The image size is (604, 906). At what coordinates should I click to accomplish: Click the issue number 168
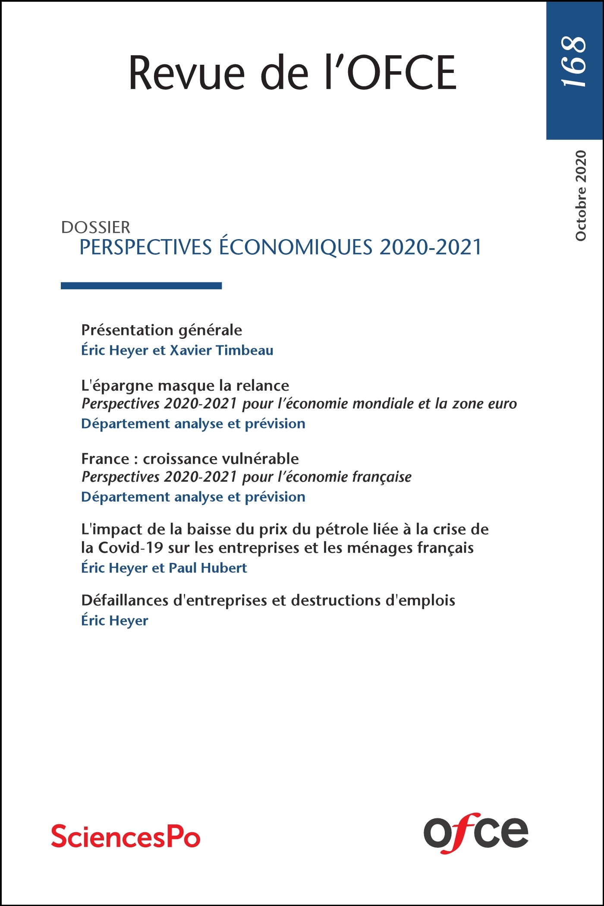pyautogui.click(x=574, y=61)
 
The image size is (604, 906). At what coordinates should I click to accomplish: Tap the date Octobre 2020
pyautogui.click(x=581, y=196)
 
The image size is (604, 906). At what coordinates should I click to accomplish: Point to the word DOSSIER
pyautogui.click(x=96, y=227)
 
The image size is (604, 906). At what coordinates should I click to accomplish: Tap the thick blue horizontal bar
pyautogui.click(x=141, y=285)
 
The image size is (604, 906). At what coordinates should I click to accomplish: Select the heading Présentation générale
pyautogui.click(x=161, y=330)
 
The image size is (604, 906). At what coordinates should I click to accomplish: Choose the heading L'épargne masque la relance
pyautogui.click(x=185, y=385)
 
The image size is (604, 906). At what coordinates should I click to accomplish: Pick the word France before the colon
pyautogui.click(x=105, y=458)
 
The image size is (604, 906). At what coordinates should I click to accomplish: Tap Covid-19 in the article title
pyautogui.click(x=131, y=548)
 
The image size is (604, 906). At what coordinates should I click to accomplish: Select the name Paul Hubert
pyautogui.click(x=208, y=568)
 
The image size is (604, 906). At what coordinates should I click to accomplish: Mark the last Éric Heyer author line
pyautogui.click(x=115, y=621)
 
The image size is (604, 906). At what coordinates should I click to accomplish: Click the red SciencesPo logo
pyautogui.click(x=126, y=836)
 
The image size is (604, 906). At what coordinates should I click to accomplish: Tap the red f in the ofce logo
pyautogui.click(x=460, y=832)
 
